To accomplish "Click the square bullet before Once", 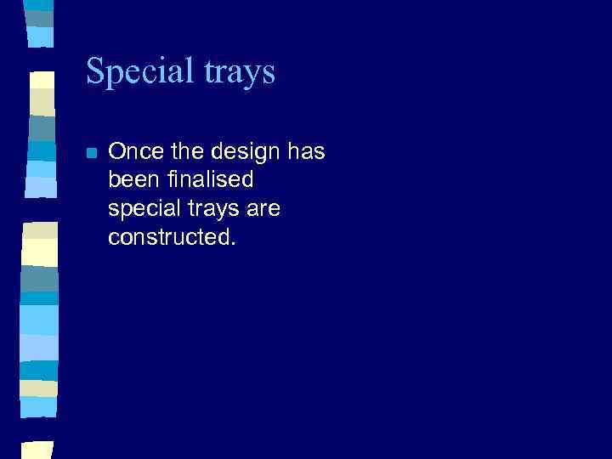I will click(x=91, y=153).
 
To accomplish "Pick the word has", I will click(x=307, y=152).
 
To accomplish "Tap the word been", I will click(x=132, y=180).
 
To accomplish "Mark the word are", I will click(x=262, y=209).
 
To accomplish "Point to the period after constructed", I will click(x=231, y=243).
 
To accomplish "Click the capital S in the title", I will click(x=95, y=71).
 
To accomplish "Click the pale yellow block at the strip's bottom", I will click(x=38, y=450).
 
